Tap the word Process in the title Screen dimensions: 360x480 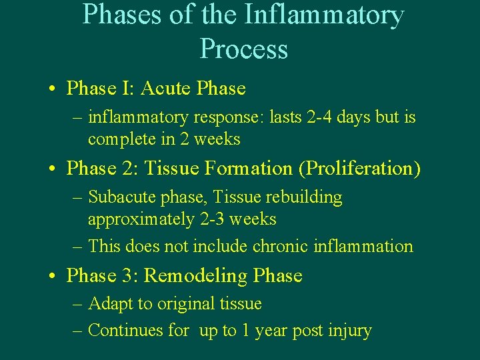coord(243,49)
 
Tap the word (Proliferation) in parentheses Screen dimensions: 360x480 coord(359,169)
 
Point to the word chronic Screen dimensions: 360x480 coord(285,246)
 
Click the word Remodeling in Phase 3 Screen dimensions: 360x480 coord(190,275)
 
